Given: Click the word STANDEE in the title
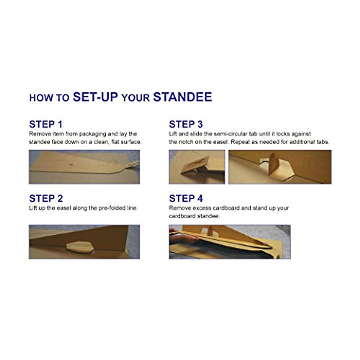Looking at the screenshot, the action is coord(182,97).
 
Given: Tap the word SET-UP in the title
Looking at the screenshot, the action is coord(95,97).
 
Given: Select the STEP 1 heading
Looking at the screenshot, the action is coord(46,124).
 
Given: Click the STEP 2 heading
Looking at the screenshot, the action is coord(46,198).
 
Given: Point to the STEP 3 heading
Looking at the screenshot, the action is coord(186,124).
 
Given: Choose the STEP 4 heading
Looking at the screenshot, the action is coord(186,198).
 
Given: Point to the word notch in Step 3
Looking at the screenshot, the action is coord(186,142).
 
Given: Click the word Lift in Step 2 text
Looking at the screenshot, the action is coord(33,208).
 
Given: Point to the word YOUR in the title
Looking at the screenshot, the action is coord(136,98).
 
